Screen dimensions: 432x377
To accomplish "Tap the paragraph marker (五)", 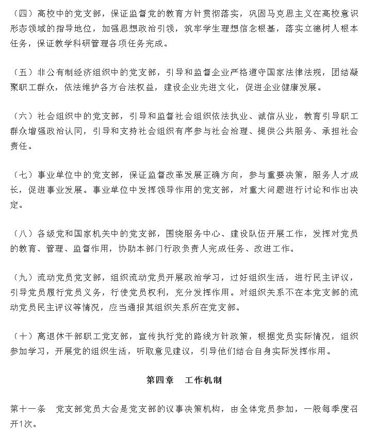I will (22, 73).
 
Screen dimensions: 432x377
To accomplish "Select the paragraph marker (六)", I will (22, 117).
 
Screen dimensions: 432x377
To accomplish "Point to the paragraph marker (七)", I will (22, 175).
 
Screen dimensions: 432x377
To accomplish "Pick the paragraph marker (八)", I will (22, 234).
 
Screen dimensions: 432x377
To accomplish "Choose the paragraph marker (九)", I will (22, 278).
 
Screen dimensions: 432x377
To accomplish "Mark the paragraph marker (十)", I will (22, 337).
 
